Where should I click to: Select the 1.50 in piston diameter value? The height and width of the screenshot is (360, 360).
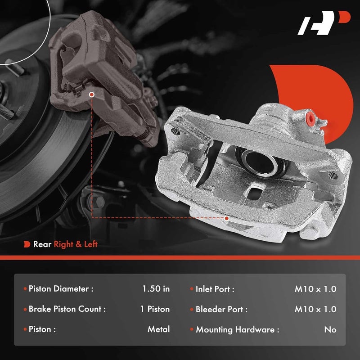[156, 289]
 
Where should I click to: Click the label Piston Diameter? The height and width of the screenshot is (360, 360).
[61, 289]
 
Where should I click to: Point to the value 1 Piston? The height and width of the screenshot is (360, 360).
[155, 309]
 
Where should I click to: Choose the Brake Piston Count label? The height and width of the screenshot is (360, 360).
[67, 309]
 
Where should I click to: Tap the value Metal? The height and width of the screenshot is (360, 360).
[158, 329]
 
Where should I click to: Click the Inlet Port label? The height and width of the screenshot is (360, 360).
[215, 289]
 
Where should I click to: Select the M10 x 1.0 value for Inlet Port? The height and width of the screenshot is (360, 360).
[315, 289]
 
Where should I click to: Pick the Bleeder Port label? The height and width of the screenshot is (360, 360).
[221, 309]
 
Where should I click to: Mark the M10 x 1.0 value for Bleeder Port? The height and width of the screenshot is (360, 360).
[315, 309]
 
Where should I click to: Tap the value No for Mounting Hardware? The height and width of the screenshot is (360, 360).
[330, 329]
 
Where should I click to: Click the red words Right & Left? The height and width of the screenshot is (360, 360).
[76, 244]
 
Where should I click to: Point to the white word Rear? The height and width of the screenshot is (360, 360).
[42, 244]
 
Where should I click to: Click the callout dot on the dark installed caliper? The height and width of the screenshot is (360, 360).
[92, 95]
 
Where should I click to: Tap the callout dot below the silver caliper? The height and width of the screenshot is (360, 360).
[227, 218]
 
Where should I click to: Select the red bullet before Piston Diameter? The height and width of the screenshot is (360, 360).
[25, 289]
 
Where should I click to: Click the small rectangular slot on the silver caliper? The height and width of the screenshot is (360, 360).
[254, 192]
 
